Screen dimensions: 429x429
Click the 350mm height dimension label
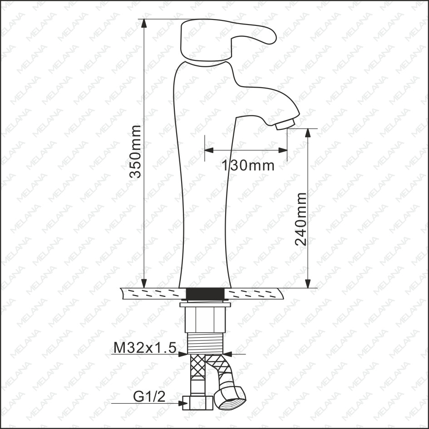tap(135, 152)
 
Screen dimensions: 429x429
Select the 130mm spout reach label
tap(247, 166)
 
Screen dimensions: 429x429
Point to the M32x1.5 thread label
tap(145, 348)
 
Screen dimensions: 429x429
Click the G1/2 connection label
tap(149, 396)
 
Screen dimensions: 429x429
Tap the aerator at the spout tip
tap(285, 124)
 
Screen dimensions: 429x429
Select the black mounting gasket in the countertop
tap(205, 294)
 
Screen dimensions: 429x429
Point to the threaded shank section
tap(205, 343)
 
